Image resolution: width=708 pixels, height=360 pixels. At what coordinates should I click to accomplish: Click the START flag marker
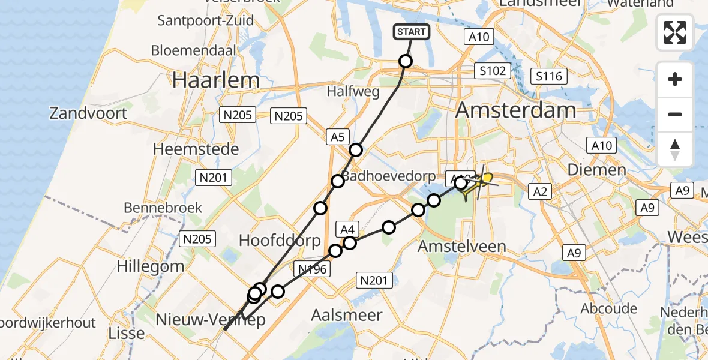(412, 32)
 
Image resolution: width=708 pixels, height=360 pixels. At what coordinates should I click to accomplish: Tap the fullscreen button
(675, 33)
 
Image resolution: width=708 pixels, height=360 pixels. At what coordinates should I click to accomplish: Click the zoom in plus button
(675, 79)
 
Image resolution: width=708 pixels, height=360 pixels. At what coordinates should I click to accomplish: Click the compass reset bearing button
(675, 149)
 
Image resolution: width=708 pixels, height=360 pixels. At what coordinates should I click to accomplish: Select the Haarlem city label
(216, 80)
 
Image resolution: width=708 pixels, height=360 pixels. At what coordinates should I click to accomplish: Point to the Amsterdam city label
(516, 110)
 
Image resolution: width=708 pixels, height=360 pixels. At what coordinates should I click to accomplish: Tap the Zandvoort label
(88, 113)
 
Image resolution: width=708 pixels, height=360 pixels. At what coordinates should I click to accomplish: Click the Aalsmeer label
(348, 315)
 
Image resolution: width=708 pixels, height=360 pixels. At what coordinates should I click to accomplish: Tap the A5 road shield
(337, 137)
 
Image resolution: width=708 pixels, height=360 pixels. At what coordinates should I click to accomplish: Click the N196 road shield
(312, 269)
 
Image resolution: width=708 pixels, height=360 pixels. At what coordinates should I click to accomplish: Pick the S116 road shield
(550, 76)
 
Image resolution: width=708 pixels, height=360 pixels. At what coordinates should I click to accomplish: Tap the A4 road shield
(349, 228)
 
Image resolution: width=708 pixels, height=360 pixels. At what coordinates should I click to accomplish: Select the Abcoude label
(608, 308)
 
